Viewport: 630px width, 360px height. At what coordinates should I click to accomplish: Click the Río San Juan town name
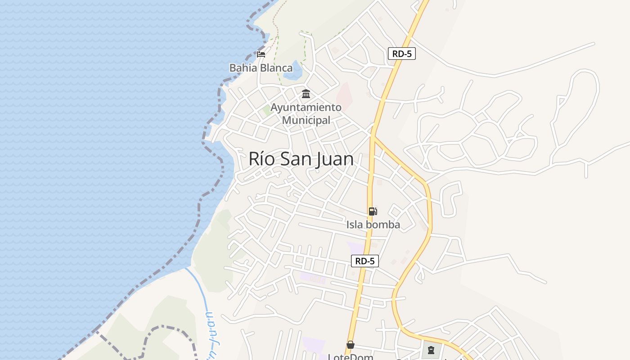[x=301, y=159]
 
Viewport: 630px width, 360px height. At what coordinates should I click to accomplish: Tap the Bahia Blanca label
[x=261, y=68]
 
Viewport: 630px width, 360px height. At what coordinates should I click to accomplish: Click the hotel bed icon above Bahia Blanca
[x=261, y=54]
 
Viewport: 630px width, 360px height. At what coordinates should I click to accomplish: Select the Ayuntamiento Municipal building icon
[x=306, y=94]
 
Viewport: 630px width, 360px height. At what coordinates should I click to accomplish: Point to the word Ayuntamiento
[x=306, y=108]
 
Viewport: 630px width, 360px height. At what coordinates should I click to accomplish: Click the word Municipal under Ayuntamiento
[x=306, y=120]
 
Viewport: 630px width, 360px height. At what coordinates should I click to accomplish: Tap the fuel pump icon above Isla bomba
[x=373, y=211]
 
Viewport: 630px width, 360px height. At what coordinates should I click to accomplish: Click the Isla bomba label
[x=373, y=224]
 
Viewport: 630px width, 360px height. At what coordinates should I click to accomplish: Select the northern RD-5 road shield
[x=401, y=54]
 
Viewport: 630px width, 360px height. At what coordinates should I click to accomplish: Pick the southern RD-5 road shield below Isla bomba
[x=364, y=261]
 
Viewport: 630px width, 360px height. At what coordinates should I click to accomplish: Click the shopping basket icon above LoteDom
[x=350, y=345]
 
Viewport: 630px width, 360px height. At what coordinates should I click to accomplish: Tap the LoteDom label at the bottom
[x=351, y=356]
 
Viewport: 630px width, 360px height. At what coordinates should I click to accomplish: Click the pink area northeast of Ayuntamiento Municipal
[x=344, y=94]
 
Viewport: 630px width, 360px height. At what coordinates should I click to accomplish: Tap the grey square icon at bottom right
[x=431, y=350]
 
